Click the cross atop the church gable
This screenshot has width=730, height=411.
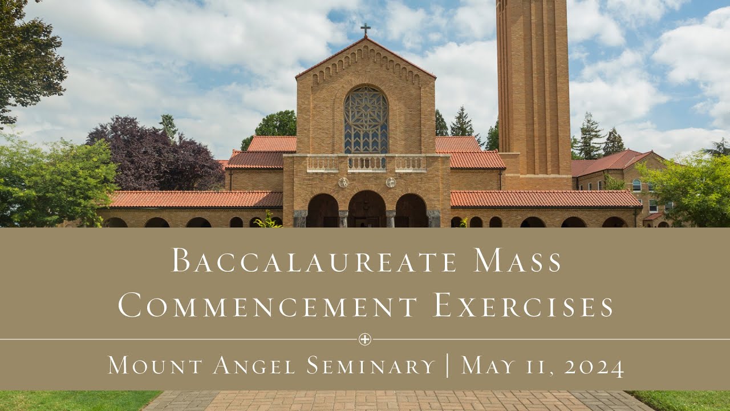[365, 29]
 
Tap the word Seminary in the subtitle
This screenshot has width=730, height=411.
[371, 365]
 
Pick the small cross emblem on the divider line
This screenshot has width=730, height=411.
[365, 340]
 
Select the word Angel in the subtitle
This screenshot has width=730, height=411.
[254, 366]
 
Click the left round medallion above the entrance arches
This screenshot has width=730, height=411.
[343, 182]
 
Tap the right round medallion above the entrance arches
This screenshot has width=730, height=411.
[391, 182]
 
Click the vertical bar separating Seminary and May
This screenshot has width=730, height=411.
[448, 365]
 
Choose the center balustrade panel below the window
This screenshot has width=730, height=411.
[367, 163]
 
